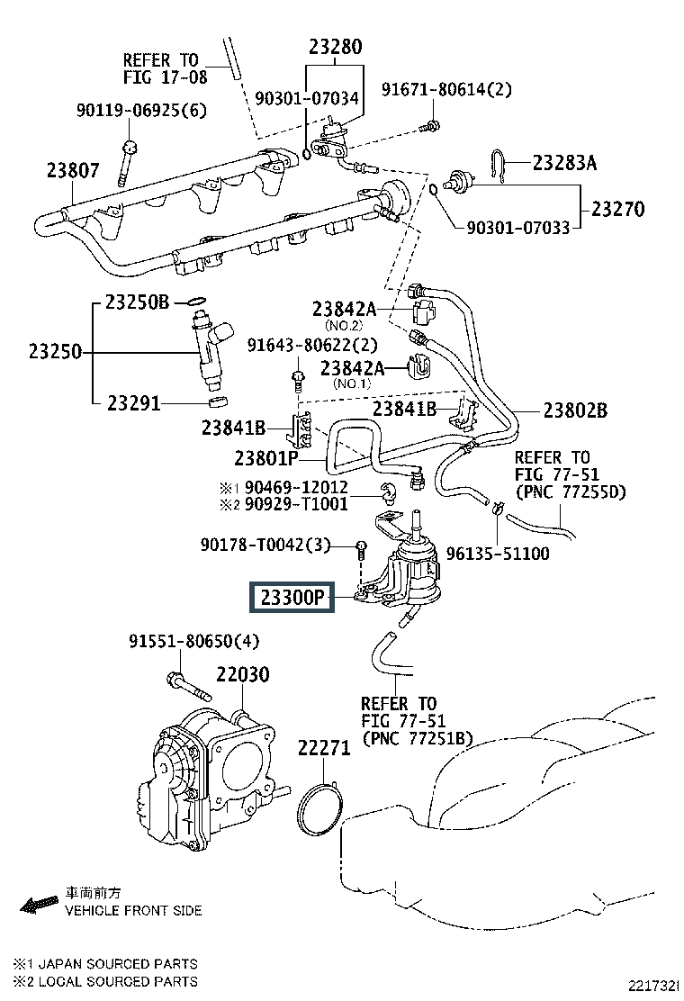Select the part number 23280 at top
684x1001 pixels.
click(x=336, y=46)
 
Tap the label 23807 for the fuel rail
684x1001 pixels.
click(x=73, y=170)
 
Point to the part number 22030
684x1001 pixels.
click(x=242, y=674)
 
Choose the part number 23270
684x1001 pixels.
click(x=617, y=209)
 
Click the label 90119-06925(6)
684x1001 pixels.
click(x=140, y=111)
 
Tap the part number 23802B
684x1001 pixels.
click(x=575, y=410)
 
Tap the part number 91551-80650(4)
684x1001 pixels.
click(x=193, y=642)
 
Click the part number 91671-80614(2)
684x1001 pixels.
click(x=446, y=89)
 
